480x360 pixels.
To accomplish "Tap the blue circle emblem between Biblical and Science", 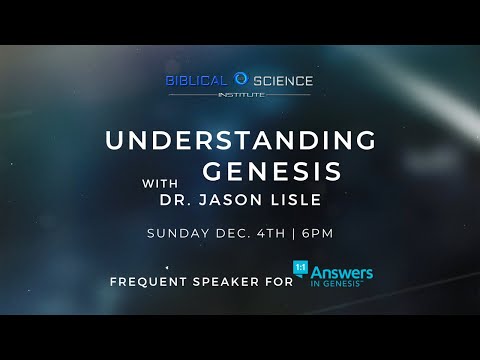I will point(240,78).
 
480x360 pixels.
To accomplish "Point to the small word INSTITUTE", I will point(240,94).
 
